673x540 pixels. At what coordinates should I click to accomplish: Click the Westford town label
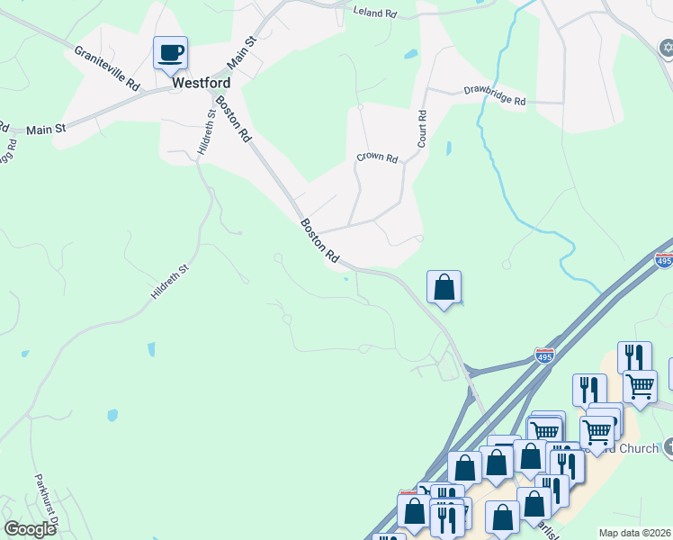(x=201, y=82)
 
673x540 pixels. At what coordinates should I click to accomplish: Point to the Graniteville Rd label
(x=108, y=68)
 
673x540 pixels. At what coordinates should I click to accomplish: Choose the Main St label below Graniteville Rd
(x=47, y=130)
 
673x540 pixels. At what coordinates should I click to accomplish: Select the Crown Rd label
(x=377, y=157)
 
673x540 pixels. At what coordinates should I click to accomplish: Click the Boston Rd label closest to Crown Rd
(x=319, y=240)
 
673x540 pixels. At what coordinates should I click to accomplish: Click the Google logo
(x=30, y=529)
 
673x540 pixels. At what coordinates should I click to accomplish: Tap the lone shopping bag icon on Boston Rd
(x=444, y=288)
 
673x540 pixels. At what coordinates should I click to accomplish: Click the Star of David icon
(x=665, y=47)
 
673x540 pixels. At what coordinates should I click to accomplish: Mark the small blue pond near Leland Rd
(x=410, y=54)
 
